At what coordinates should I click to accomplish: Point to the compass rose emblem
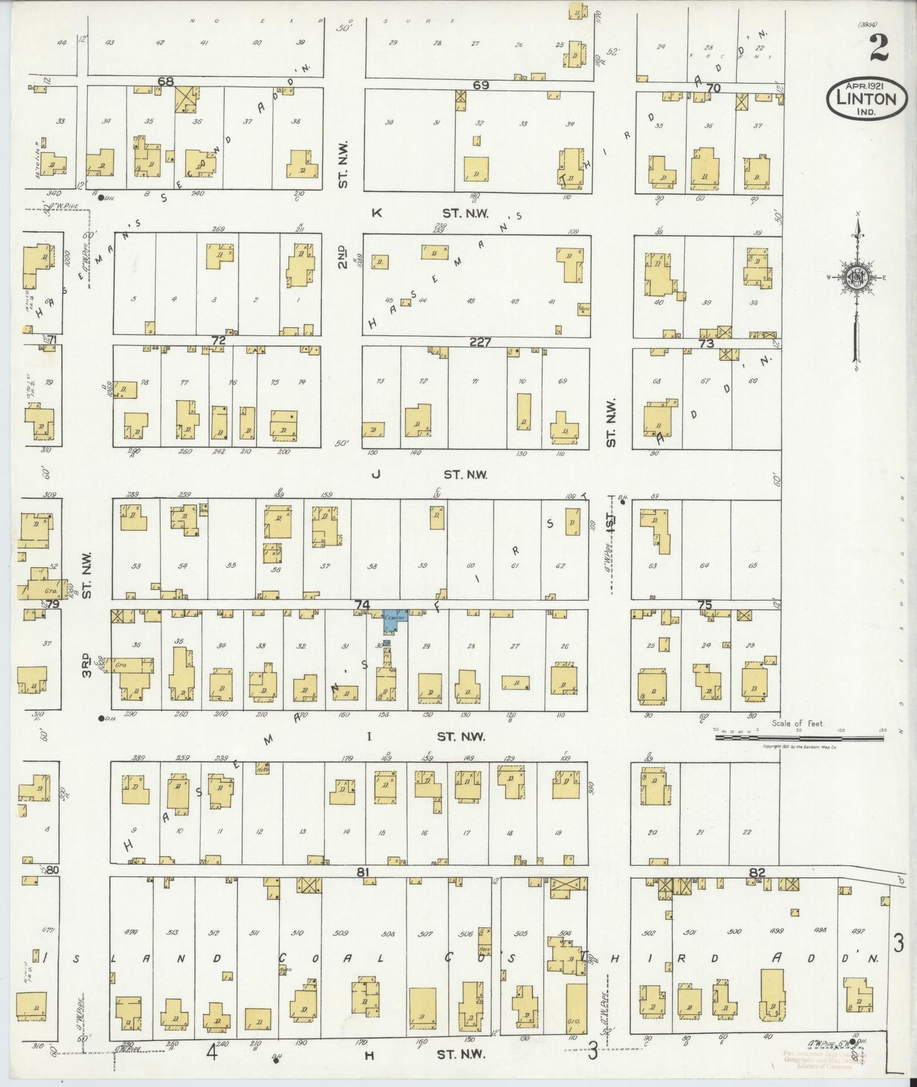tap(856, 278)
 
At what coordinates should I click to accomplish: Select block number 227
tap(480, 342)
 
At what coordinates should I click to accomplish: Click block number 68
tap(166, 82)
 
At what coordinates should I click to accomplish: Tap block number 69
tap(480, 85)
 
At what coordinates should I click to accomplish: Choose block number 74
tap(362, 605)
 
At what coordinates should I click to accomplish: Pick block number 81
tap(362, 872)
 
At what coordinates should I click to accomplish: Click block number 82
tap(757, 873)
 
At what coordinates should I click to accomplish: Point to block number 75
tap(705, 605)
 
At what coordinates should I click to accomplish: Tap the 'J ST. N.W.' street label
tap(432, 474)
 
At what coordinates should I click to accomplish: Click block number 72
tap(218, 341)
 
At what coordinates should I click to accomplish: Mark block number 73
tap(706, 343)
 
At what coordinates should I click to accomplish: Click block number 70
tap(713, 88)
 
